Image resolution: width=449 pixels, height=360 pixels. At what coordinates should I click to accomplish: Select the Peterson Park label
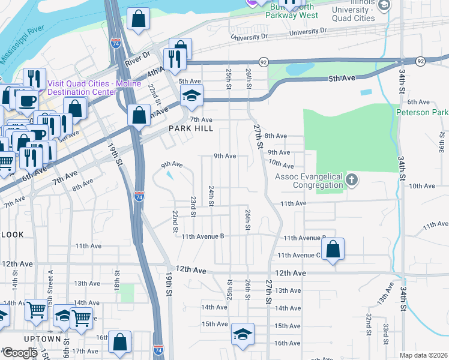pos(422,112)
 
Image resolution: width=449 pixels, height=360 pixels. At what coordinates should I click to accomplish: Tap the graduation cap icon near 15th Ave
pos(243,335)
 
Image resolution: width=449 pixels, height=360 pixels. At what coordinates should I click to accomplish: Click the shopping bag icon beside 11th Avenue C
pos(333,249)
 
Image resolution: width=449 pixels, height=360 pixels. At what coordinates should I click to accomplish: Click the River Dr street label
pos(136,62)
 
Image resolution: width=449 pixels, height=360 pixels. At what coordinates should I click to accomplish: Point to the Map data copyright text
pos(423,355)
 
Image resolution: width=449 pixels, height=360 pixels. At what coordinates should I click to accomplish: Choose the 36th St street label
pos(440,146)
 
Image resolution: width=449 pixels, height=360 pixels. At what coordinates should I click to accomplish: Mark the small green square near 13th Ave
pos(127,293)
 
